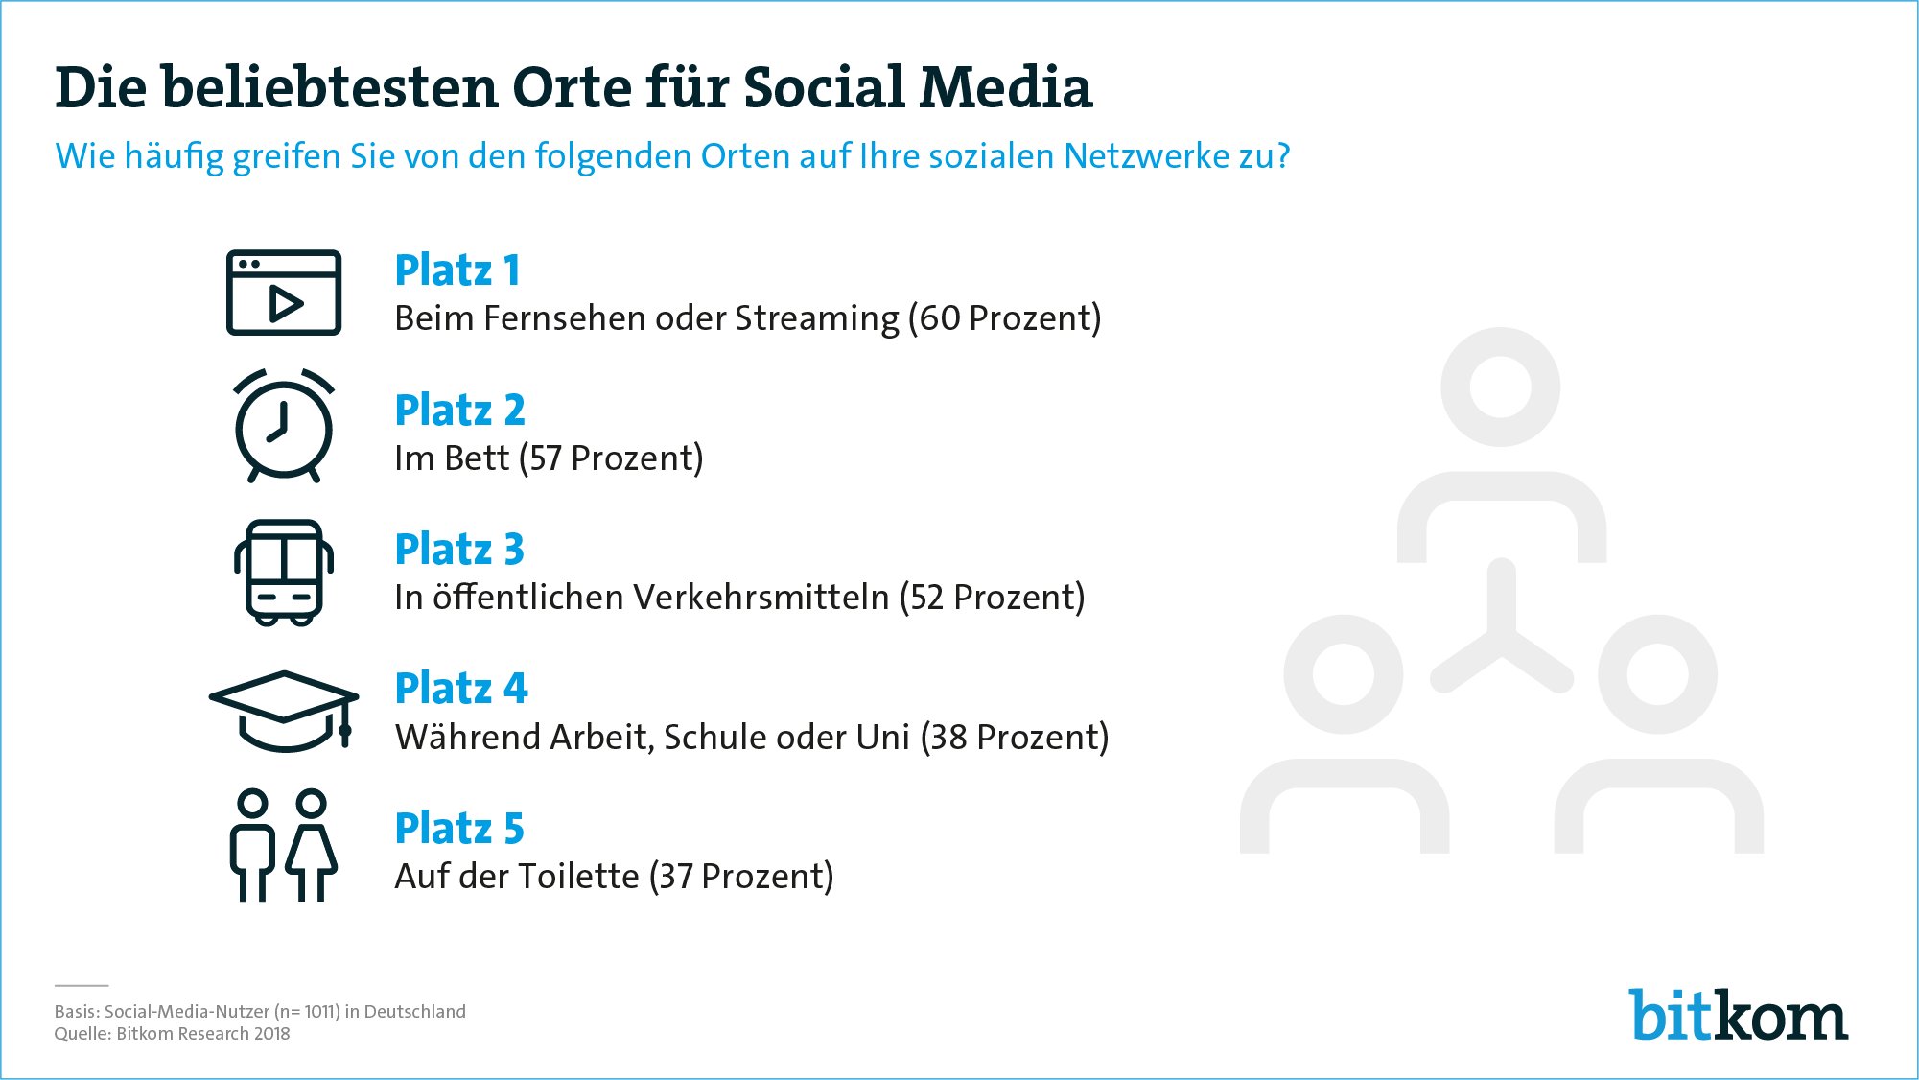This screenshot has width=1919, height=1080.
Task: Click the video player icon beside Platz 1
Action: coord(284,293)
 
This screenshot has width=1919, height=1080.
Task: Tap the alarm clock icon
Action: coord(284,425)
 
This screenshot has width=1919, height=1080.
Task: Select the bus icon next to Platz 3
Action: coord(284,573)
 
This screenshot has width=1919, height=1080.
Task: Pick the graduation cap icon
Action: coord(284,711)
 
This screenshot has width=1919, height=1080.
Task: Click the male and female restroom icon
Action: coord(284,845)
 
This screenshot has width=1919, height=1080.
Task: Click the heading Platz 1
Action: coord(457,270)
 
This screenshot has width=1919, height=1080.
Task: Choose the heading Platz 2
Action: coord(460,410)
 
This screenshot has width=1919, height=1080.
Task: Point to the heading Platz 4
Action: coord(461,688)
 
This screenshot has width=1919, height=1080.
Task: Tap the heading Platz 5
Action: coord(459,828)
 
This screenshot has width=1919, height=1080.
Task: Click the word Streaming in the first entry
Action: coord(817,319)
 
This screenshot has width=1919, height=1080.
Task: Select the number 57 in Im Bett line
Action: coord(546,458)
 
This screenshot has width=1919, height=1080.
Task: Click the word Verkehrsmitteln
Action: coord(762,598)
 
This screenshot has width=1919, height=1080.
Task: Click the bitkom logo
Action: coord(1739,1015)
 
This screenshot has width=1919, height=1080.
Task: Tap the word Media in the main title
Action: coord(1006,88)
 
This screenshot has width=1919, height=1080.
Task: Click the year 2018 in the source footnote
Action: coord(271,1034)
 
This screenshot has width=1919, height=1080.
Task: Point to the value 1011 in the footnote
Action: coord(322,1012)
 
